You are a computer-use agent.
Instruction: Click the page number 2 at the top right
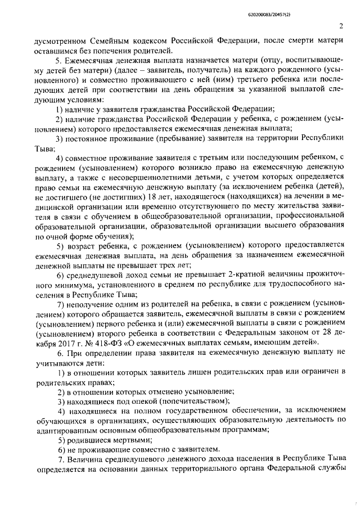341,26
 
